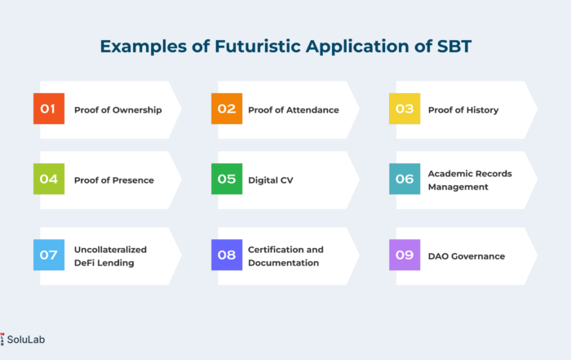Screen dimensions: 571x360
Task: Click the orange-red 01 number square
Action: (x=49, y=109)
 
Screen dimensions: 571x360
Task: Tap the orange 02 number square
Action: (x=227, y=109)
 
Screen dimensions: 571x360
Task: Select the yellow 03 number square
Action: (x=405, y=109)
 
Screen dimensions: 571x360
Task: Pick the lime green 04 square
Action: (x=49, y=179)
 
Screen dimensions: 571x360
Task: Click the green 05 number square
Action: (x=227, y=179)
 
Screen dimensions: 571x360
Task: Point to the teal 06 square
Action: (x=405, y=179)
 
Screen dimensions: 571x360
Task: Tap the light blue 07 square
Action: (x=49, y=255)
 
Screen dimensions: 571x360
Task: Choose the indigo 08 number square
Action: (x=227, y=255)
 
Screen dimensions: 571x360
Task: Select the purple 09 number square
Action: (x=405, y=255)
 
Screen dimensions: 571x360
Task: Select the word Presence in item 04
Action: (x=133, y=180)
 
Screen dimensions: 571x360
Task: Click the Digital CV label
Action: (x=271, y=180)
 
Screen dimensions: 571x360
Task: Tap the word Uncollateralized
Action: (x=110, y=250)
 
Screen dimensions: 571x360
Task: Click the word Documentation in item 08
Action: (x=283, y=263)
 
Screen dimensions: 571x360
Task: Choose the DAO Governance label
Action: (x=467, y=256)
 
